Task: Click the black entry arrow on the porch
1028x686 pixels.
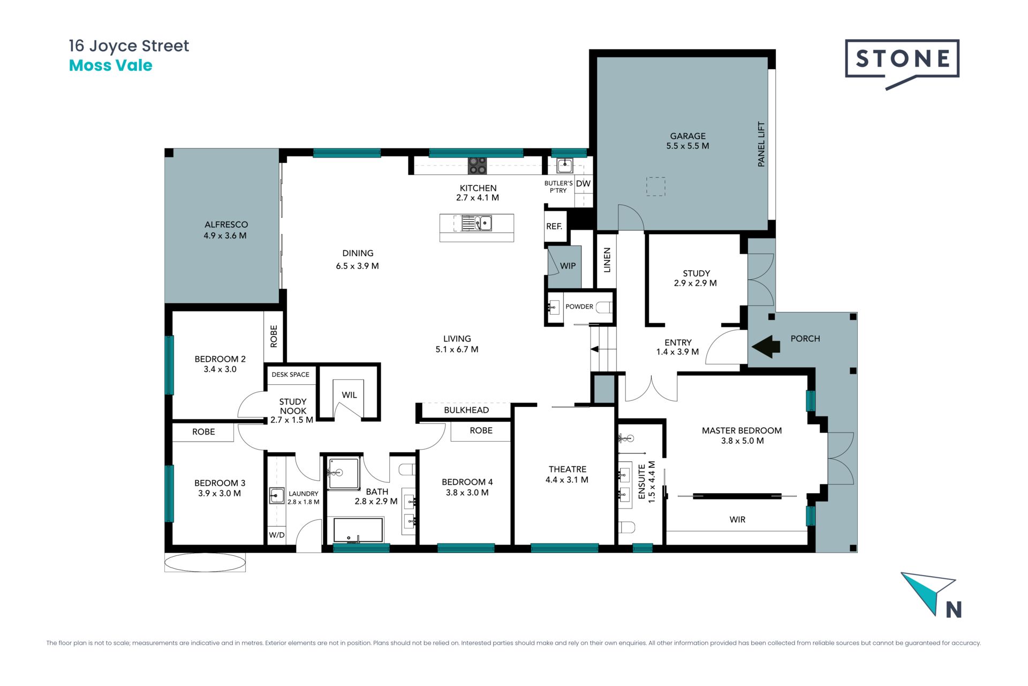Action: coord(766,346)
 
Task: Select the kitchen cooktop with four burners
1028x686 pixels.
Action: coord(477,166)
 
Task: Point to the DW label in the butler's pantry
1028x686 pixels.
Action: coord(583,183)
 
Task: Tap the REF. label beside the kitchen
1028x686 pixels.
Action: coord(554,226)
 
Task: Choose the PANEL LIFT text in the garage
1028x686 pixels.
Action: coord(761,144)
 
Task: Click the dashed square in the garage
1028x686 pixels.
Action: coord(655,187)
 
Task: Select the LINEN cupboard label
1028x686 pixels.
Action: coord(607,260)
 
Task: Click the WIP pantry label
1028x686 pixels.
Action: coord(568,266)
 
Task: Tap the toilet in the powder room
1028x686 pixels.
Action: coord(604,308)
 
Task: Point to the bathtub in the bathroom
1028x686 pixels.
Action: coord(358,530)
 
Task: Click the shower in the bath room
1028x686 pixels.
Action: coord(343,473)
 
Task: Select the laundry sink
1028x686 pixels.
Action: coord(276,496)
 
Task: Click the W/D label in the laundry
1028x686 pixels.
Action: coord(276,535)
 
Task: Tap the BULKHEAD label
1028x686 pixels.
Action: coord(466,410)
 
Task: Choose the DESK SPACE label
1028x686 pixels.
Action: coord(290,375)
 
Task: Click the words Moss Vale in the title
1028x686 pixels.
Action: coord(111,65)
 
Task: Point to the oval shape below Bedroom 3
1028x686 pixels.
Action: coord(205,562)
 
